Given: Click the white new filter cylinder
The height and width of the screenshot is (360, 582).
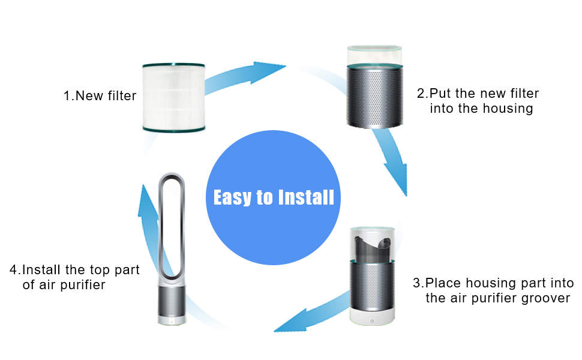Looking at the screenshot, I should [x=174, y=98].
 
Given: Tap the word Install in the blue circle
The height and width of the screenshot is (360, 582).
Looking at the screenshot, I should [x=305, y=197].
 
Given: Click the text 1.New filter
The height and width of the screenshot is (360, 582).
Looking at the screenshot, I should [x=100, y=96].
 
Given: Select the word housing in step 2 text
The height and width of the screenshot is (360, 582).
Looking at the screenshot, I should [x=510, y=109].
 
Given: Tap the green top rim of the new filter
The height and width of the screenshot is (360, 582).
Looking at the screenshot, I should [x=174, y=66].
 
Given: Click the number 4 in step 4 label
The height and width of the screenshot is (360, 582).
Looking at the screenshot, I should [x=14, y=270].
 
